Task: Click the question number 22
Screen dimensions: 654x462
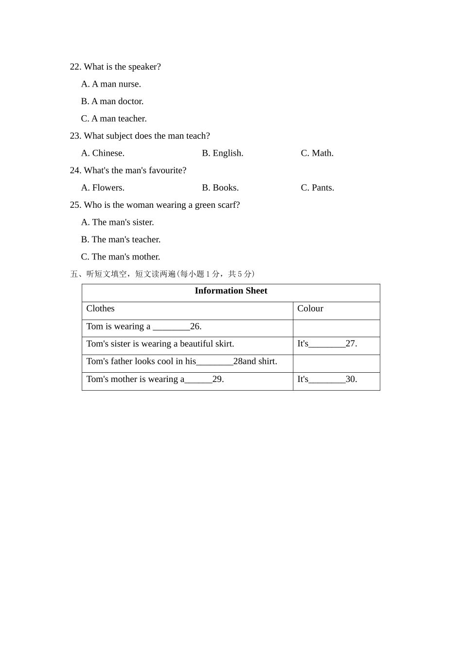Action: (75, 67)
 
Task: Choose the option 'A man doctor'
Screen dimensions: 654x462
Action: (112, 101)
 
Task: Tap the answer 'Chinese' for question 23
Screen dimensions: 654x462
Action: (103, 153)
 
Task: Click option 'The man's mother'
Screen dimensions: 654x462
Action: (121, 257)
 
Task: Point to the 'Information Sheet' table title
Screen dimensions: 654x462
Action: (231, 291)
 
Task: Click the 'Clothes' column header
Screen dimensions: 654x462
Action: (100, 309)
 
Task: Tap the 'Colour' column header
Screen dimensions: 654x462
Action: (310, 309)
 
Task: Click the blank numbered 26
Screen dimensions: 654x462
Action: (171, 327)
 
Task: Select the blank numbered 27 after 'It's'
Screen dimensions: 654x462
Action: (327, 345)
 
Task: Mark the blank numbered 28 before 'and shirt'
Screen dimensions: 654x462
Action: (214, 363)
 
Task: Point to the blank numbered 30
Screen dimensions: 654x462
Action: (327, 381)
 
